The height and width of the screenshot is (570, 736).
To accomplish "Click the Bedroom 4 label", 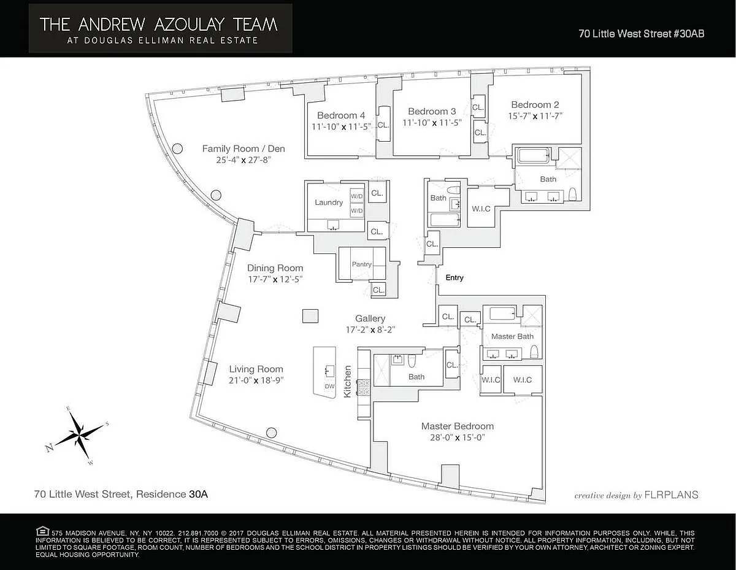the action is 341,115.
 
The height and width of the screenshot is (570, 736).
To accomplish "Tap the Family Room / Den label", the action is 243,148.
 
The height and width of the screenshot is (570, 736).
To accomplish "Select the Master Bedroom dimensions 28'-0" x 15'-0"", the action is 458,437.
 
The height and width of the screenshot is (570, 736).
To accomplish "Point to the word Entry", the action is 454,278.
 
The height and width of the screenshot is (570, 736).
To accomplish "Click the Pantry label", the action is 361,264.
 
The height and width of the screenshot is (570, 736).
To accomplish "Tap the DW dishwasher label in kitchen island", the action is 329,387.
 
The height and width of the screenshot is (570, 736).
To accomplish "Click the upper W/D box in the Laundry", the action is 357,196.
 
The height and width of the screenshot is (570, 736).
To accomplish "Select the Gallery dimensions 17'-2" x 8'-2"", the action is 370,329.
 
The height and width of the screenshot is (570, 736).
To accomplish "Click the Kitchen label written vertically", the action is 348,382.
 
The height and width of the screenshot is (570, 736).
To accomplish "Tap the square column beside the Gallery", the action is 310,317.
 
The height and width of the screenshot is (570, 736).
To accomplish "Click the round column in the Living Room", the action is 271,433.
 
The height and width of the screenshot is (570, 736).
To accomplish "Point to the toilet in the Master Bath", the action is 534,352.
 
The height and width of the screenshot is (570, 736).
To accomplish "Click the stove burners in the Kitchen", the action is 364,388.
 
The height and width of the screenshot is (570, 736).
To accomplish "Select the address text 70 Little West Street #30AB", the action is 642,34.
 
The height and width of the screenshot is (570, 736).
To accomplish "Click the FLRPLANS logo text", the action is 671,495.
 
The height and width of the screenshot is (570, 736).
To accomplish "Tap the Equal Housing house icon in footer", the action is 42,531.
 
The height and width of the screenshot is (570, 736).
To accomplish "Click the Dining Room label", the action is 275,268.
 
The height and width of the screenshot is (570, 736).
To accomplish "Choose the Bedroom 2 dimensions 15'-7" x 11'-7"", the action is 535,116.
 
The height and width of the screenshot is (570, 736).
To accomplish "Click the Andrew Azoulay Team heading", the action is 158,25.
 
